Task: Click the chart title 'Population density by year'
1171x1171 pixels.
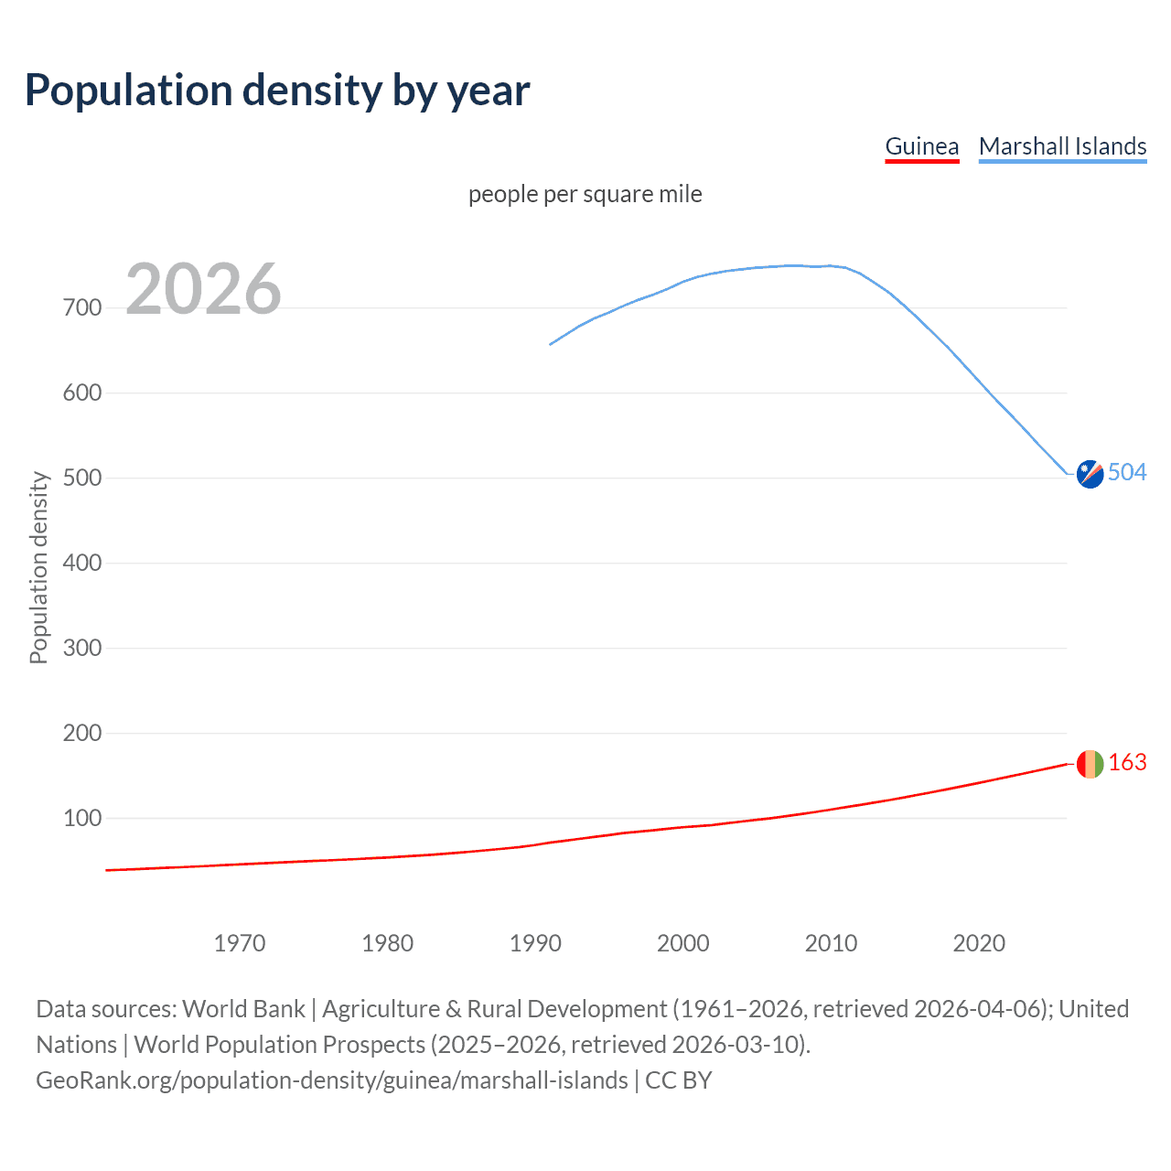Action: (x=277, y=91)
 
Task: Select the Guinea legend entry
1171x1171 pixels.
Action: (x=921, y=146)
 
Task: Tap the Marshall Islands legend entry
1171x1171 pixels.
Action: (x=1062, y=146)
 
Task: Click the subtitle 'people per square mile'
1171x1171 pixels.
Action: (x=585, y=194)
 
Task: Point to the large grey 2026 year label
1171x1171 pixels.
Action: (x=203, y=289)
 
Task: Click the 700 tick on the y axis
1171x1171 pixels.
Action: (x=82, y=307)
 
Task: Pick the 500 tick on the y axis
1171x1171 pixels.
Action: (x=82, y=478)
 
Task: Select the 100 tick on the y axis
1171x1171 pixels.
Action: (x=82, y=818)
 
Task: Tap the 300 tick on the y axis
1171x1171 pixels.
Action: (x=82, y=648)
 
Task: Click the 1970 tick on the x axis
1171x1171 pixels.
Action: (x=240, y=943)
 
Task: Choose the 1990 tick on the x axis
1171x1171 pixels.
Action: (x=535, y=943)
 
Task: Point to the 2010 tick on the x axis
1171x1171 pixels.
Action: (x=831, y=943)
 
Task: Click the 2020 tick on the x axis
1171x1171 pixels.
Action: (x=979, y=943)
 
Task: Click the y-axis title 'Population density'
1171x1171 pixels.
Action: (x=38, y=567)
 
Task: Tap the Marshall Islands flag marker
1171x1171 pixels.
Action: (x=1090, y=474)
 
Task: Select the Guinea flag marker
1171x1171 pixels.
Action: (x=1090, y=764)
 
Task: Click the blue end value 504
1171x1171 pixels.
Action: (x=1127, y=472)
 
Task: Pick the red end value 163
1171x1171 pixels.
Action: (x=1127, y=762)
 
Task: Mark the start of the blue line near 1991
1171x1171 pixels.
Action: (x=551, y=344)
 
